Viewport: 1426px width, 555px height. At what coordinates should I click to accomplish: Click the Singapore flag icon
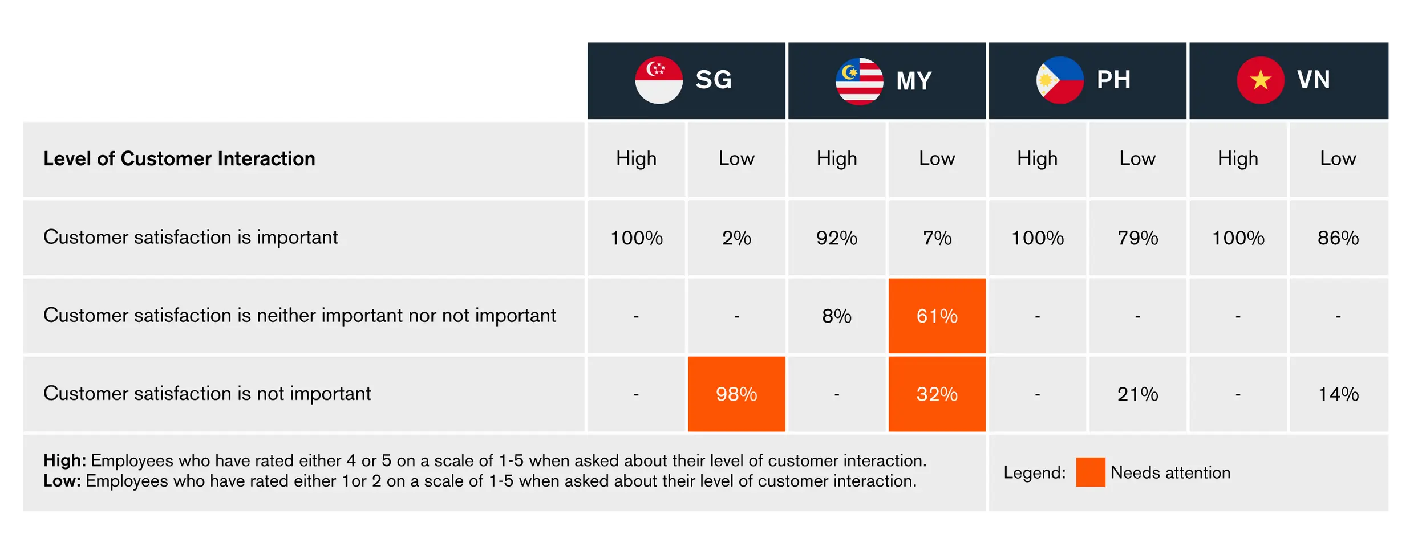659,80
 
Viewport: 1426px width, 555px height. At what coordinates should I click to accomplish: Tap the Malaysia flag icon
860,80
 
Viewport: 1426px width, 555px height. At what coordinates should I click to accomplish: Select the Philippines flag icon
1060,80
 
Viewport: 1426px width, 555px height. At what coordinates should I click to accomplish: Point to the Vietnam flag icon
1261,80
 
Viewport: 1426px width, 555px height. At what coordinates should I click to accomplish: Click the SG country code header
714,80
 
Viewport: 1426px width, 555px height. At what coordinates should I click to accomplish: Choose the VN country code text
1314,80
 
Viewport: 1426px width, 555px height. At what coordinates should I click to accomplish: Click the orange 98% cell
736,394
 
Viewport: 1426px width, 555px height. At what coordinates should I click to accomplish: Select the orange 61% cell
937,316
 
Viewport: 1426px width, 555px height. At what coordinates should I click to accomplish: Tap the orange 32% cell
937,394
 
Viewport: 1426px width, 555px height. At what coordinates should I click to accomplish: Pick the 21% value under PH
1137,394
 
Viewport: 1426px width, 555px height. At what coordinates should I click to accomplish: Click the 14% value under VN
1338,394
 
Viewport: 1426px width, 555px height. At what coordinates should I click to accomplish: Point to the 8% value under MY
837,316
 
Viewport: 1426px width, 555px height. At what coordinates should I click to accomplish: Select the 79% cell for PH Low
1137,238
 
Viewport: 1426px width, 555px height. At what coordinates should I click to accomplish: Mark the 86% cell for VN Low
1338,238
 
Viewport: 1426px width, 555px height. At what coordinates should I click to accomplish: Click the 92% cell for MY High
837,238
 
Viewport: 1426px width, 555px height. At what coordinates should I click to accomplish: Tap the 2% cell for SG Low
736,238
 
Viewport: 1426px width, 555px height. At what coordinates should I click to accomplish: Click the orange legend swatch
1091,472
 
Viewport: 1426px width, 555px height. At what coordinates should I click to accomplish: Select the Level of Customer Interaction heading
179,158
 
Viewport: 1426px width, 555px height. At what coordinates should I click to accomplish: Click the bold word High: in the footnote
64,460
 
